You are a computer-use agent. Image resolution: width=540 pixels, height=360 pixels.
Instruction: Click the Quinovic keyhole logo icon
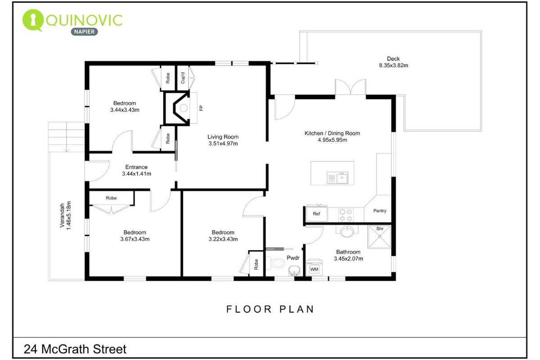click(x=32, y=20)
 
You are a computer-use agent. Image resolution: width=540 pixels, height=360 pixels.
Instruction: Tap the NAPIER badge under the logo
click(x=85, y=31)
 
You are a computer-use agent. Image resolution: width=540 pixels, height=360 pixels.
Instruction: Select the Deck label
click(x=393, y=58)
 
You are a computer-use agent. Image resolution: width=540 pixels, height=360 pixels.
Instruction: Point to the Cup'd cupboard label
click(x=183, y=78)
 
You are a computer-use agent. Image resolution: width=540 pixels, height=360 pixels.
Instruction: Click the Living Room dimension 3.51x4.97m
click(x=223, y=144)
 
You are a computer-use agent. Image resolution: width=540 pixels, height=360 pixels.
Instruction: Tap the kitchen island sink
click(x=337, y=178)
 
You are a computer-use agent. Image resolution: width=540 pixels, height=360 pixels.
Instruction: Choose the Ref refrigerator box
click(x=316, y=213)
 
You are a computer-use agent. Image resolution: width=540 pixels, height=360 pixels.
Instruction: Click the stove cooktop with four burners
click(x=346, y=215)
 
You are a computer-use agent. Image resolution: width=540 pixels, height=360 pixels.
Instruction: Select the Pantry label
click(x=380, y=211)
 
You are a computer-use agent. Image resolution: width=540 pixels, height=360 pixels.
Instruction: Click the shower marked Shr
click(x=379, y=237)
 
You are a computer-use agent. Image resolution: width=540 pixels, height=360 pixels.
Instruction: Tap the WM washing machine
click(x=314, y=267)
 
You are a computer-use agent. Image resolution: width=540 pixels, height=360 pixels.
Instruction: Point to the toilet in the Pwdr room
click(x=275, y=263)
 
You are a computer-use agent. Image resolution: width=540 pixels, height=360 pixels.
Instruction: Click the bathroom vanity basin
click(x=347, y=231)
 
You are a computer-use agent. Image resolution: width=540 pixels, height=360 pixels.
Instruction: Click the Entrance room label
click(x=136, y=167)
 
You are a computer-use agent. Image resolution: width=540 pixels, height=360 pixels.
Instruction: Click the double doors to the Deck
click(x=351, y=87)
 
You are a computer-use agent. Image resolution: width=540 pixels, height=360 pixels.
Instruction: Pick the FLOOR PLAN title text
click(x=270, y=309)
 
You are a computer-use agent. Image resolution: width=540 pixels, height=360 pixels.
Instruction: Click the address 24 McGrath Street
click(x=75, y=349)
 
